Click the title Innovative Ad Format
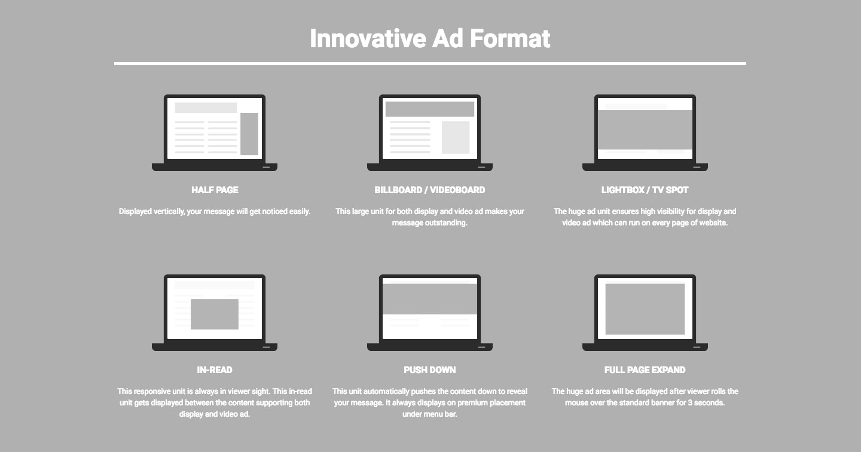tap(430, 38)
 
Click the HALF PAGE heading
tap(215, 190)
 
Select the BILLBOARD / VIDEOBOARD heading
tap(430, 190)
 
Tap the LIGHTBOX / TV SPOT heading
tap(645, 190)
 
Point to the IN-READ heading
tap(215, 369)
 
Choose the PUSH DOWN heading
tap(430, 369)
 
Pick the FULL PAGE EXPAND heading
tap(645, 369)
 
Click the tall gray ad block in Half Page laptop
tap(249, 134)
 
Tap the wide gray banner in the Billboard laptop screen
tap(430, 109)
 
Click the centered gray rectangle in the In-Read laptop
tap(215, 314)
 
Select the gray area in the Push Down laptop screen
tap(430, 299)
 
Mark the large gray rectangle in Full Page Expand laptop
tap(645, 309)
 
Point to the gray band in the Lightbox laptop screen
tap(645, 130)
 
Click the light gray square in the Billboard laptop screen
tap(456, 138)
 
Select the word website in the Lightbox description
tap(712, 223)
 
